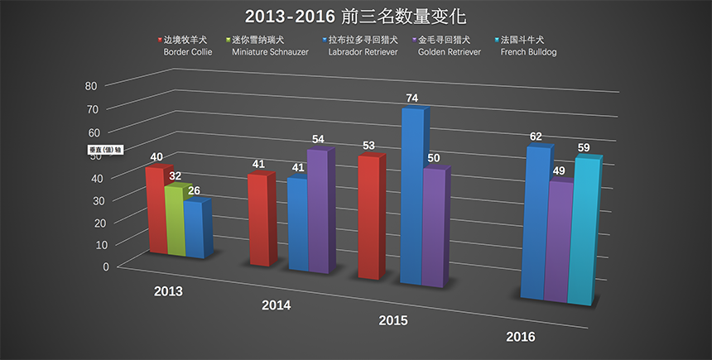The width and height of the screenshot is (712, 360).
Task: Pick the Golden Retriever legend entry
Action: [443, 45]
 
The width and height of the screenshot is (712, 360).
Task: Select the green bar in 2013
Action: [175, 222]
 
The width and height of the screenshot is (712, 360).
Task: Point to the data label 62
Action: [536, 137]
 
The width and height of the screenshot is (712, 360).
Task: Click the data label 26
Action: [193, 190]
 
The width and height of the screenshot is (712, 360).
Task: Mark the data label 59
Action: [584, 148]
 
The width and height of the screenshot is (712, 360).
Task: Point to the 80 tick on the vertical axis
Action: [90, 85]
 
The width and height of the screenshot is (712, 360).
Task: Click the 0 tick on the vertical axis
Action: [106, 266]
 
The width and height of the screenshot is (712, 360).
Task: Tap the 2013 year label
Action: [168, 291]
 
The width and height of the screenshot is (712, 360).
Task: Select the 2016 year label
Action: [520, 337]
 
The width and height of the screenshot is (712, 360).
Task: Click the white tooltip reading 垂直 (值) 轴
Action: [106, 150]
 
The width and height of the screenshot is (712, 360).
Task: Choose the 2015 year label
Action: [394, 320]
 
